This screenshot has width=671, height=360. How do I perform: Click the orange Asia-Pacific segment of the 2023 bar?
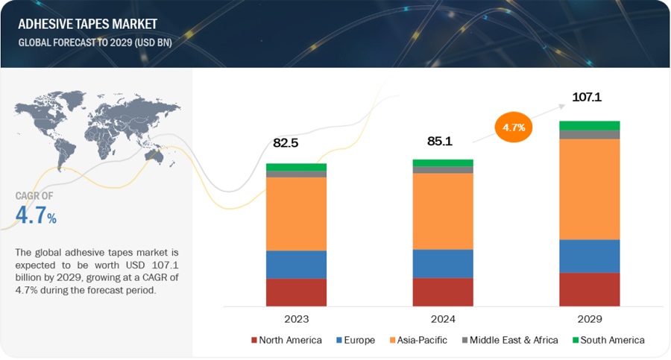(x=296, y=214)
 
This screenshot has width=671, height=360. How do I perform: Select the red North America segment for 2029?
(x=590, y=289)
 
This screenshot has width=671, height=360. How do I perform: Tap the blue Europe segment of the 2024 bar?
(x=443, y=263)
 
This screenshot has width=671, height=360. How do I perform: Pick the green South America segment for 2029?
(x=590, y=125)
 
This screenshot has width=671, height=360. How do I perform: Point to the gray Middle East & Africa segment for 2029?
(x=590, y=135)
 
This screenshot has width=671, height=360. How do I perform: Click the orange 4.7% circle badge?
(x=514, y=127)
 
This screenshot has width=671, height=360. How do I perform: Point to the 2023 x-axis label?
(x=296, y=318)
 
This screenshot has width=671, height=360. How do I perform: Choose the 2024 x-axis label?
(x=443, y=318)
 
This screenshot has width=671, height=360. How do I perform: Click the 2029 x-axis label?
(x=590, y=318)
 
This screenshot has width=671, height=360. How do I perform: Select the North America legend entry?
(x=286, y=340)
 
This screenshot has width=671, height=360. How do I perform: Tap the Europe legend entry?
(x=359, y=340)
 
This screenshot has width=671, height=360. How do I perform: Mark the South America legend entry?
(x=607, y=340)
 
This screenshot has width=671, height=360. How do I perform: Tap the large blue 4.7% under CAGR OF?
(x=36, y=216)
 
